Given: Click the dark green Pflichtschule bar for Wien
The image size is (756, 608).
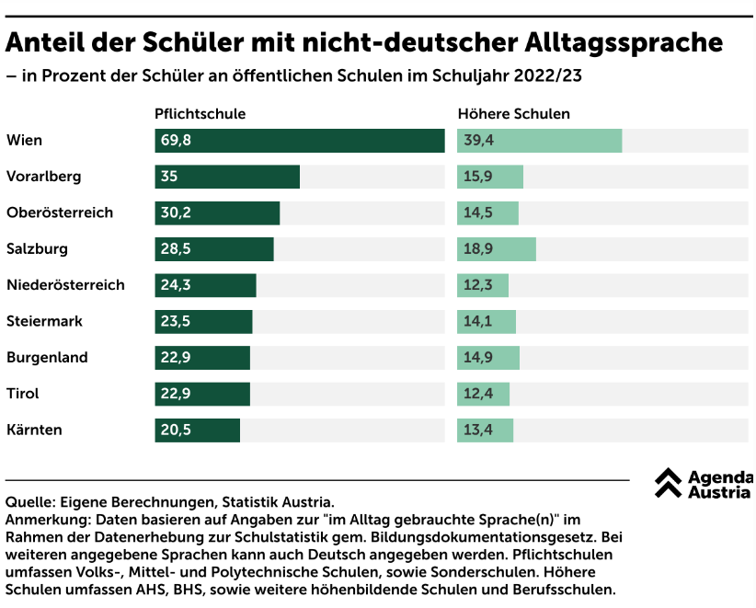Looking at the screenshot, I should pos(300,141).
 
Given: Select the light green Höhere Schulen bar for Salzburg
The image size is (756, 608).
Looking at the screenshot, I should pos(497,249).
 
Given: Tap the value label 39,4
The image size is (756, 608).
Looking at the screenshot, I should pos(478,141).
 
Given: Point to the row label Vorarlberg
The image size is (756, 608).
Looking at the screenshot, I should pos(43,177).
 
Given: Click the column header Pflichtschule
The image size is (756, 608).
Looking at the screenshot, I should pos(200,114).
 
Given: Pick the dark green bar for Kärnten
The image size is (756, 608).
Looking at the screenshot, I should pos(197,430).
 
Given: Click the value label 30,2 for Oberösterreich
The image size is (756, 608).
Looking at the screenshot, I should pos(176,213).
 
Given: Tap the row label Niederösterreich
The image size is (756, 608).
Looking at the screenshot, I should pos(65,285).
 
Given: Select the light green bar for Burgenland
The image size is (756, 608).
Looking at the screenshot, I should pos(488,358).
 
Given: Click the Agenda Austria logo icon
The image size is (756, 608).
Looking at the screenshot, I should pos(668,483).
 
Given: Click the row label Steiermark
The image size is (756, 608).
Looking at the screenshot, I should pos(44,322).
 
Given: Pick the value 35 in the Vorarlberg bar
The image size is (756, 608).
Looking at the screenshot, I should pos(169,177).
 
